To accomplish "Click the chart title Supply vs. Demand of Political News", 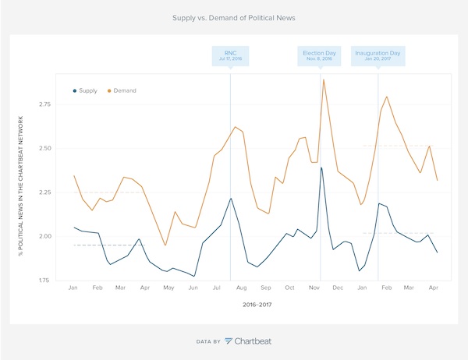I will [233, 16].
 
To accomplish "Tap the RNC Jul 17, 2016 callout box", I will [231, 56].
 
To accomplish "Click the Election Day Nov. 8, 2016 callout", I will [319, 56].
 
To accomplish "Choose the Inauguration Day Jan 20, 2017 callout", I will [378, 56].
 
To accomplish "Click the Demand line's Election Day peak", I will [323, 79].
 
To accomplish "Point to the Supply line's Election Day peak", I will [321, 168].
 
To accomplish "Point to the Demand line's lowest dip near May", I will [165, 245].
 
